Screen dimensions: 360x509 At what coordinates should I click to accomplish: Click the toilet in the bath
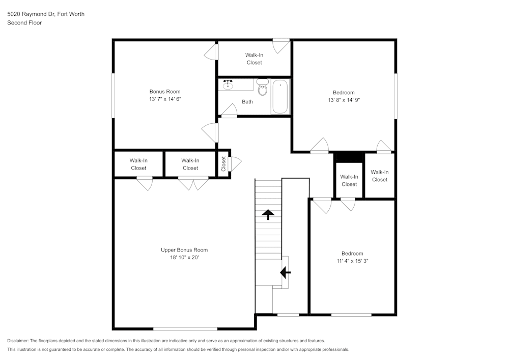[x=262, y=88]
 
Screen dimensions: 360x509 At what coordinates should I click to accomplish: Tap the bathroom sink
[x=228, y=85]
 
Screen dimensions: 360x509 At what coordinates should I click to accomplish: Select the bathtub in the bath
[x=280, y=97]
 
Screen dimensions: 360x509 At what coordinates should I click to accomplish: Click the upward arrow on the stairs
[x=268, y=214]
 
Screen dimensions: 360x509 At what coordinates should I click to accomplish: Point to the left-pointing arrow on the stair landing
[x=286, y=273]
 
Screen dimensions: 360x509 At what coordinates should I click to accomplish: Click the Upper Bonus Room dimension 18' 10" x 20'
[x=184, y=258]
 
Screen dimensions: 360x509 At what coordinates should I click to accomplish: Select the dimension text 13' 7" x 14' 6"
[x=165, y=99]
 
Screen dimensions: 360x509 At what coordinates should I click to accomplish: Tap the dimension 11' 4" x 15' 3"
[x=352, y=261]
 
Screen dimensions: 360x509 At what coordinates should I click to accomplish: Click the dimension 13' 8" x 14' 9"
[x=344, y=100]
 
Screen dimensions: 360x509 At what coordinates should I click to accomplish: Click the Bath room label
[x=247, y=102]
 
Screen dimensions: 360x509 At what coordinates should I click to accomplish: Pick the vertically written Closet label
[x=223, y=163]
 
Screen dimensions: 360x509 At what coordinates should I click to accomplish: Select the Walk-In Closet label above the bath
[x=254, y=59]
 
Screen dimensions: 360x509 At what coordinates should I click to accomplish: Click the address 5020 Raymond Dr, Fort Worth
[x=46, y=14]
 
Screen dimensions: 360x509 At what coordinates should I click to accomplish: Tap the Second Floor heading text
[x=24, y=23]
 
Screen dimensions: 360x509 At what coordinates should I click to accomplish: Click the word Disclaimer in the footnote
[x=18, y=341]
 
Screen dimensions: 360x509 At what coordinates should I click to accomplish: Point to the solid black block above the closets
[x=349, y=156]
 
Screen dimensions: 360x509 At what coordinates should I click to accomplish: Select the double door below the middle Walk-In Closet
[x=193, y=183]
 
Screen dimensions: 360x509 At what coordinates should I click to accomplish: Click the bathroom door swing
[x=229, y=110]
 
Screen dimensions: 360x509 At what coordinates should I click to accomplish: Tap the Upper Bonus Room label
[x=184, y=250]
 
